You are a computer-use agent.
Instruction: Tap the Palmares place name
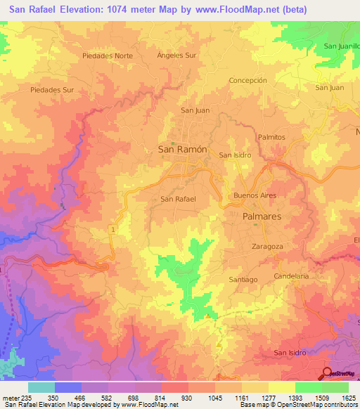coord(262,217)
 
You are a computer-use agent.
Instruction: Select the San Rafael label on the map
coord(178,199)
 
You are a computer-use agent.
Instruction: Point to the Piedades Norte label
coord(107,55)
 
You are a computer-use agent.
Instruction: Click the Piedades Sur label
coord(52,90)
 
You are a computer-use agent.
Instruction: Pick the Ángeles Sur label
coord(176,55)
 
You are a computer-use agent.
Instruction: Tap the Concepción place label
coord(248,80)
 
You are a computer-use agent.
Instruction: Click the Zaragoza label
coord(267,247)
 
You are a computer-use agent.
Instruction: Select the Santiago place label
coord(243,279)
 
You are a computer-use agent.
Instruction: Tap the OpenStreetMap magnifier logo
coord(327,373)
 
